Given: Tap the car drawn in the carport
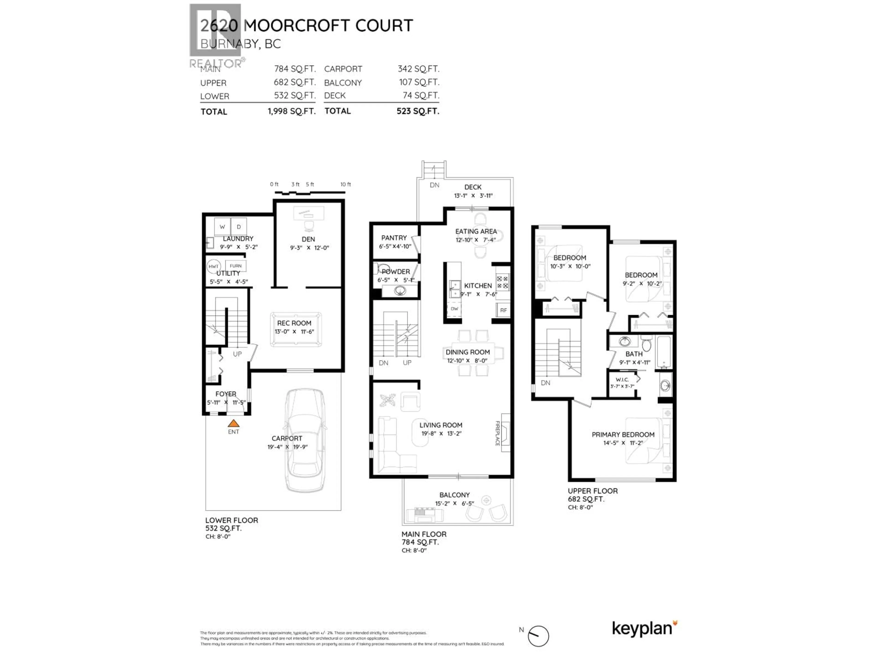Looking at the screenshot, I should point(305,440).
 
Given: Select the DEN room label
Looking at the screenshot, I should point(308,239).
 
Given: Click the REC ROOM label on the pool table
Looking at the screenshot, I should point(294,323).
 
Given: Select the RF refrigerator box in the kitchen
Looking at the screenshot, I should point(503,310).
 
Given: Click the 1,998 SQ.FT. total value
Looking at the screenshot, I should point(291,111).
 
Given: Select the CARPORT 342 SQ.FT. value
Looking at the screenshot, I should point(418,69).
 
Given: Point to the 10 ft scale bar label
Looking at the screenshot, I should point(345,184).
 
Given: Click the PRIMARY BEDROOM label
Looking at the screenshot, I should point(623,435).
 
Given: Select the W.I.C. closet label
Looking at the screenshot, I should point(622,379).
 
